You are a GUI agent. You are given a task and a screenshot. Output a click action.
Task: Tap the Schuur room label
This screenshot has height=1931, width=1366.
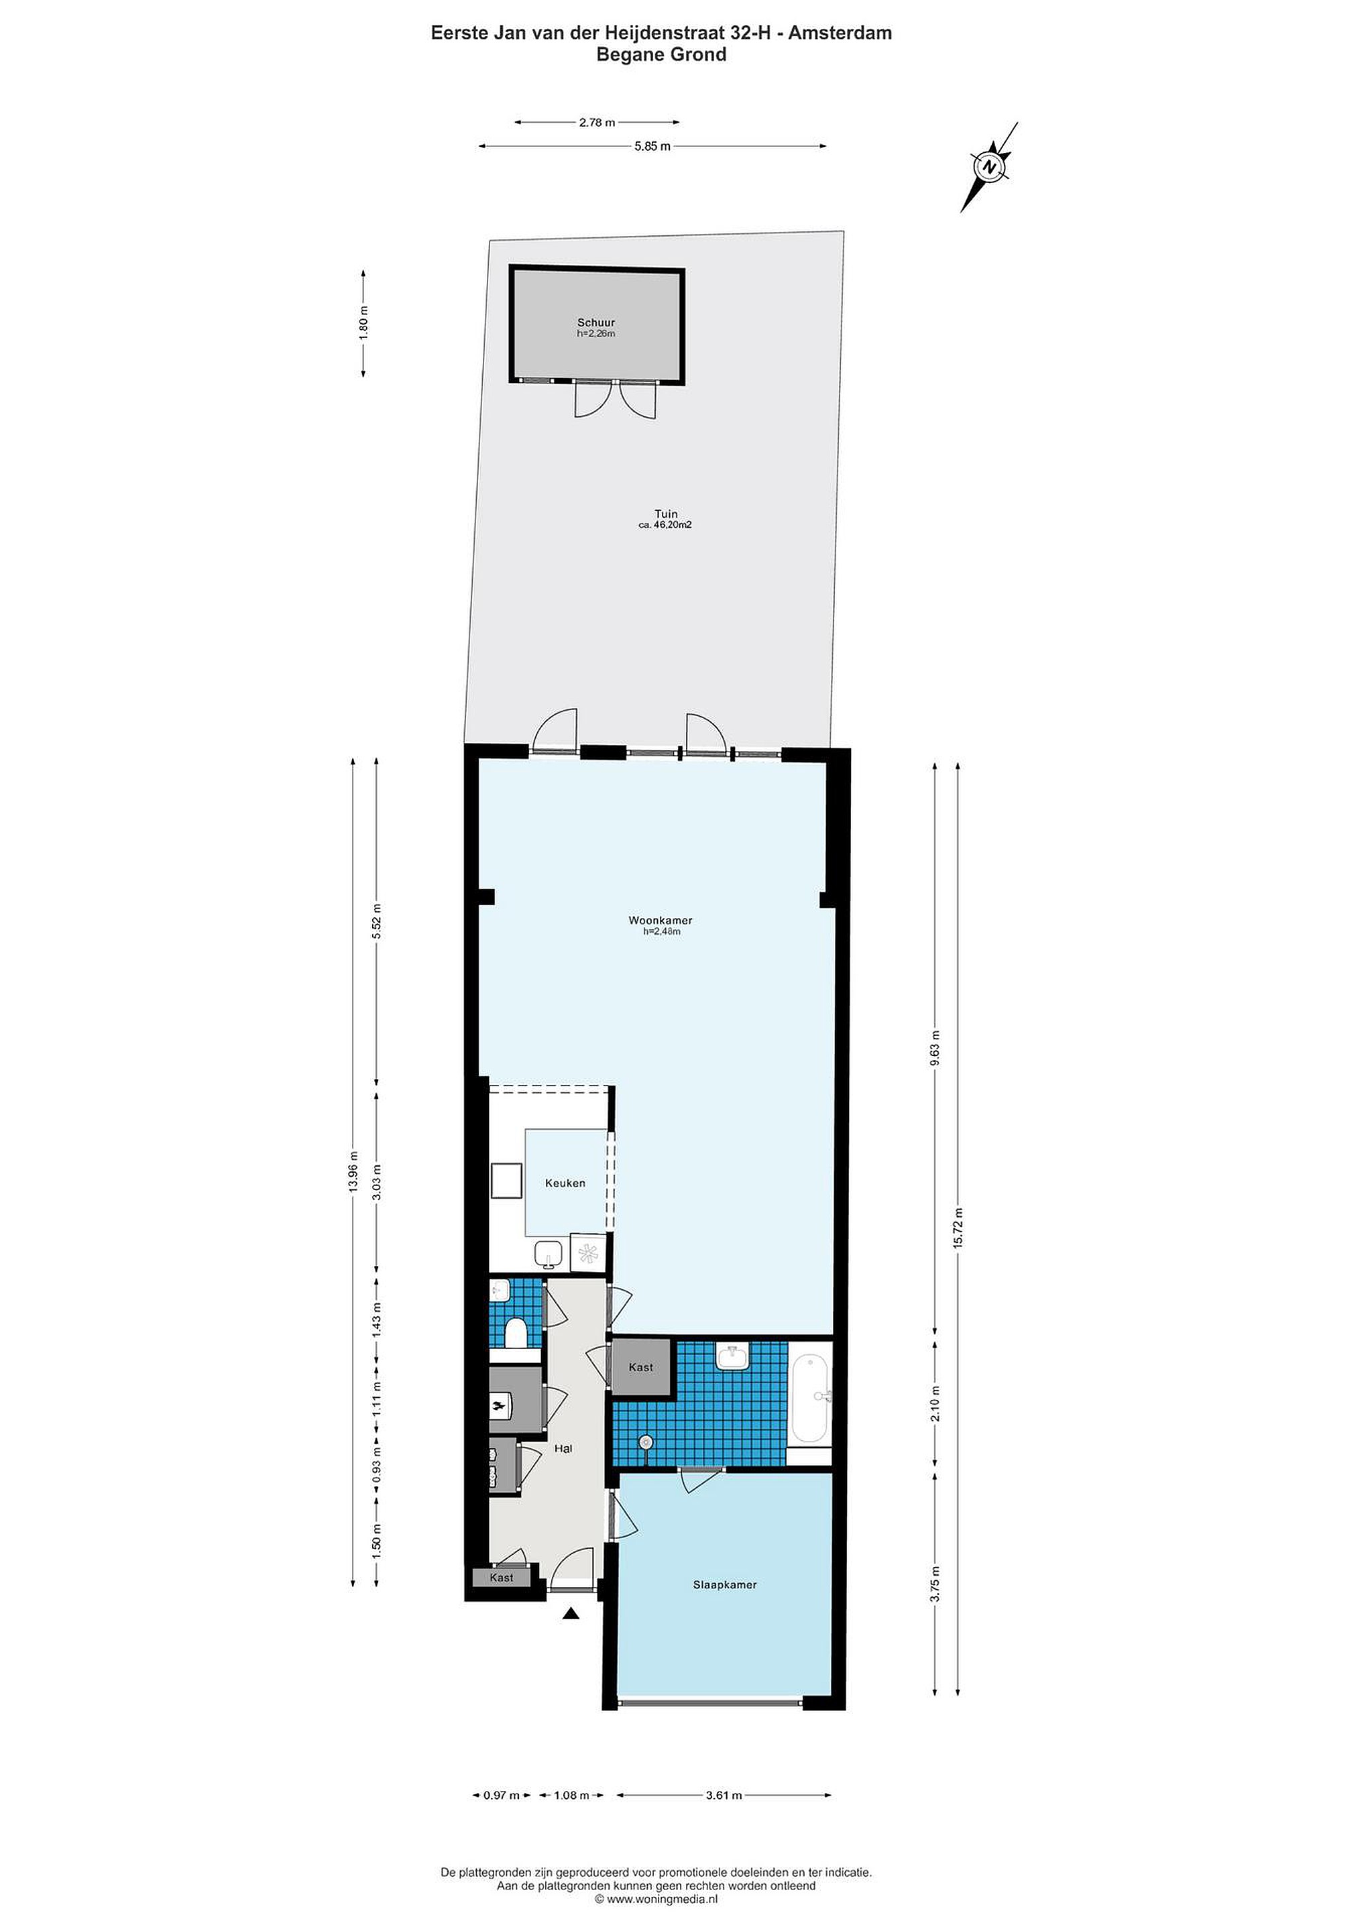click(595, 322)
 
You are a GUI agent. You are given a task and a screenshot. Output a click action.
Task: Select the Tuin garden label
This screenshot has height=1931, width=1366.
click(666, 514)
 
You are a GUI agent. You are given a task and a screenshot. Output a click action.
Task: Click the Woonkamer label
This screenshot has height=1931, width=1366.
click(661, 920)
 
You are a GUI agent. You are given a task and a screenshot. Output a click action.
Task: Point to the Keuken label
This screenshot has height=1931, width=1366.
click(565, 1183)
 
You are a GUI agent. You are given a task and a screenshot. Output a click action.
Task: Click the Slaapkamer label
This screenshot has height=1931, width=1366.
click(724, 1584)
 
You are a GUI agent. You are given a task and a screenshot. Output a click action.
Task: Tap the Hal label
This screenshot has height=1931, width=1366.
click(563, 1448)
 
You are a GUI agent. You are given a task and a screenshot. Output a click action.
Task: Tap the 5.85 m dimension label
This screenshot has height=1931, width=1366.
click(652, 146)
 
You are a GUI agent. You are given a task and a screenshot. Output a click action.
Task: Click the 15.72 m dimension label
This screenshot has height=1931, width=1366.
click(957, 1229)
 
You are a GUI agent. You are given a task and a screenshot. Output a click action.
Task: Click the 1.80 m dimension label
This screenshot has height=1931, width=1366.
click(363, 322)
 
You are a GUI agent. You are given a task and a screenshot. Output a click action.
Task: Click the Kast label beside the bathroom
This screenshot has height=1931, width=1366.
click(641, 1366)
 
